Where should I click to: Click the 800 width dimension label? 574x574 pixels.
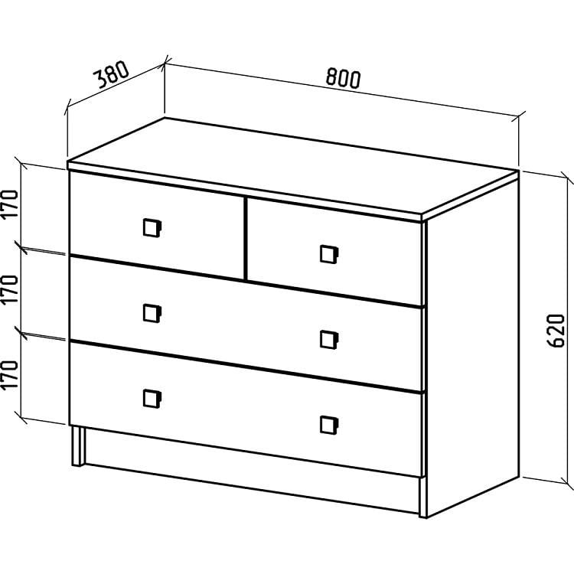(343, 78)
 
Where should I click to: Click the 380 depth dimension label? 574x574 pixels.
(112, 75)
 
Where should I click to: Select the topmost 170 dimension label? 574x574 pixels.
(10, 204)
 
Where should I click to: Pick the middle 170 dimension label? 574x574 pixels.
(10, 289)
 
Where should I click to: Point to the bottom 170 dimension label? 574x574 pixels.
(10, 375)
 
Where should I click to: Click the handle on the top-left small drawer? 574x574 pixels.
(152, 228)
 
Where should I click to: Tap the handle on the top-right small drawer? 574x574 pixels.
(329, 254)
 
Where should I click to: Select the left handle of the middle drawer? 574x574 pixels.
(152, 313)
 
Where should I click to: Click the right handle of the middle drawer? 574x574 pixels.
(329, 340)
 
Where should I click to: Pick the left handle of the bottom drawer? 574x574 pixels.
(152, 399)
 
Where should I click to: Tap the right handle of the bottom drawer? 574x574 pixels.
(329, 425)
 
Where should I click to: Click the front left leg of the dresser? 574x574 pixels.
(78, 445)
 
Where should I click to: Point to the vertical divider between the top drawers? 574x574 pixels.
(246, 239)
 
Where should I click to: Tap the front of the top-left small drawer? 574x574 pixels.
(157, 226)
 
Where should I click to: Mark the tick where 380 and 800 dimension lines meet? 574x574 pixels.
(165, 64)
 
